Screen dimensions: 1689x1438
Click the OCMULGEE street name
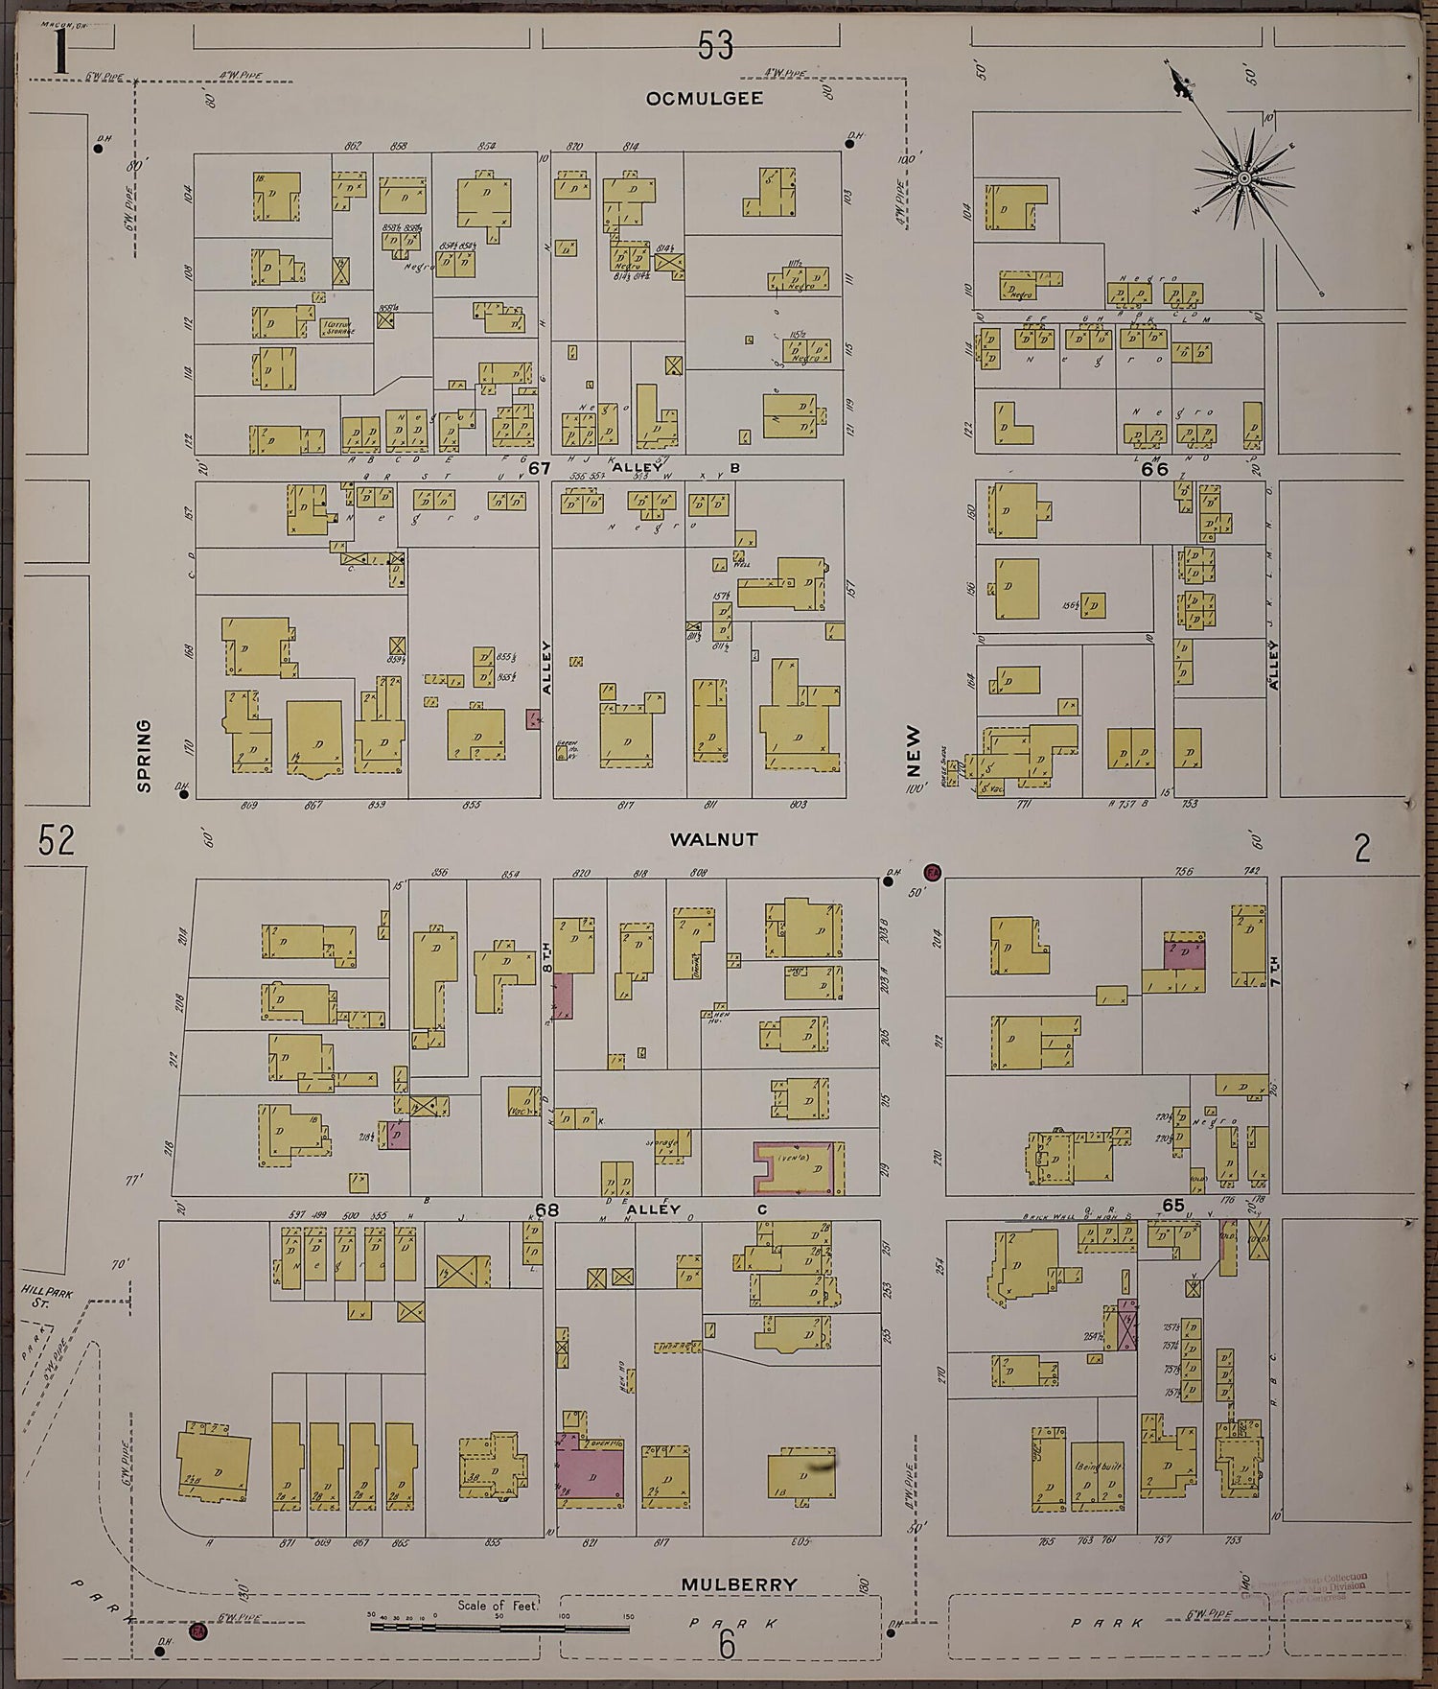click(x=704, y=98)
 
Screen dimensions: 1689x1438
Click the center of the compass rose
click(x=1243, y=177)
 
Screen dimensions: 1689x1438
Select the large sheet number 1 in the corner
click(x=59, y=53)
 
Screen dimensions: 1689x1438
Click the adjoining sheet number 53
click(x=715, y=45)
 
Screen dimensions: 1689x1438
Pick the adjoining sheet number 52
click(x=57, y=841)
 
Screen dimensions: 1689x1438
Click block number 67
click(x=541, y=468)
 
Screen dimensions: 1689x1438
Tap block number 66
click(x=1155, y=469)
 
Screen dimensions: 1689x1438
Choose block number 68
click(x=546, y=1209)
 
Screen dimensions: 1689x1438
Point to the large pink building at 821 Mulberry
click(x=590, y=1472)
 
